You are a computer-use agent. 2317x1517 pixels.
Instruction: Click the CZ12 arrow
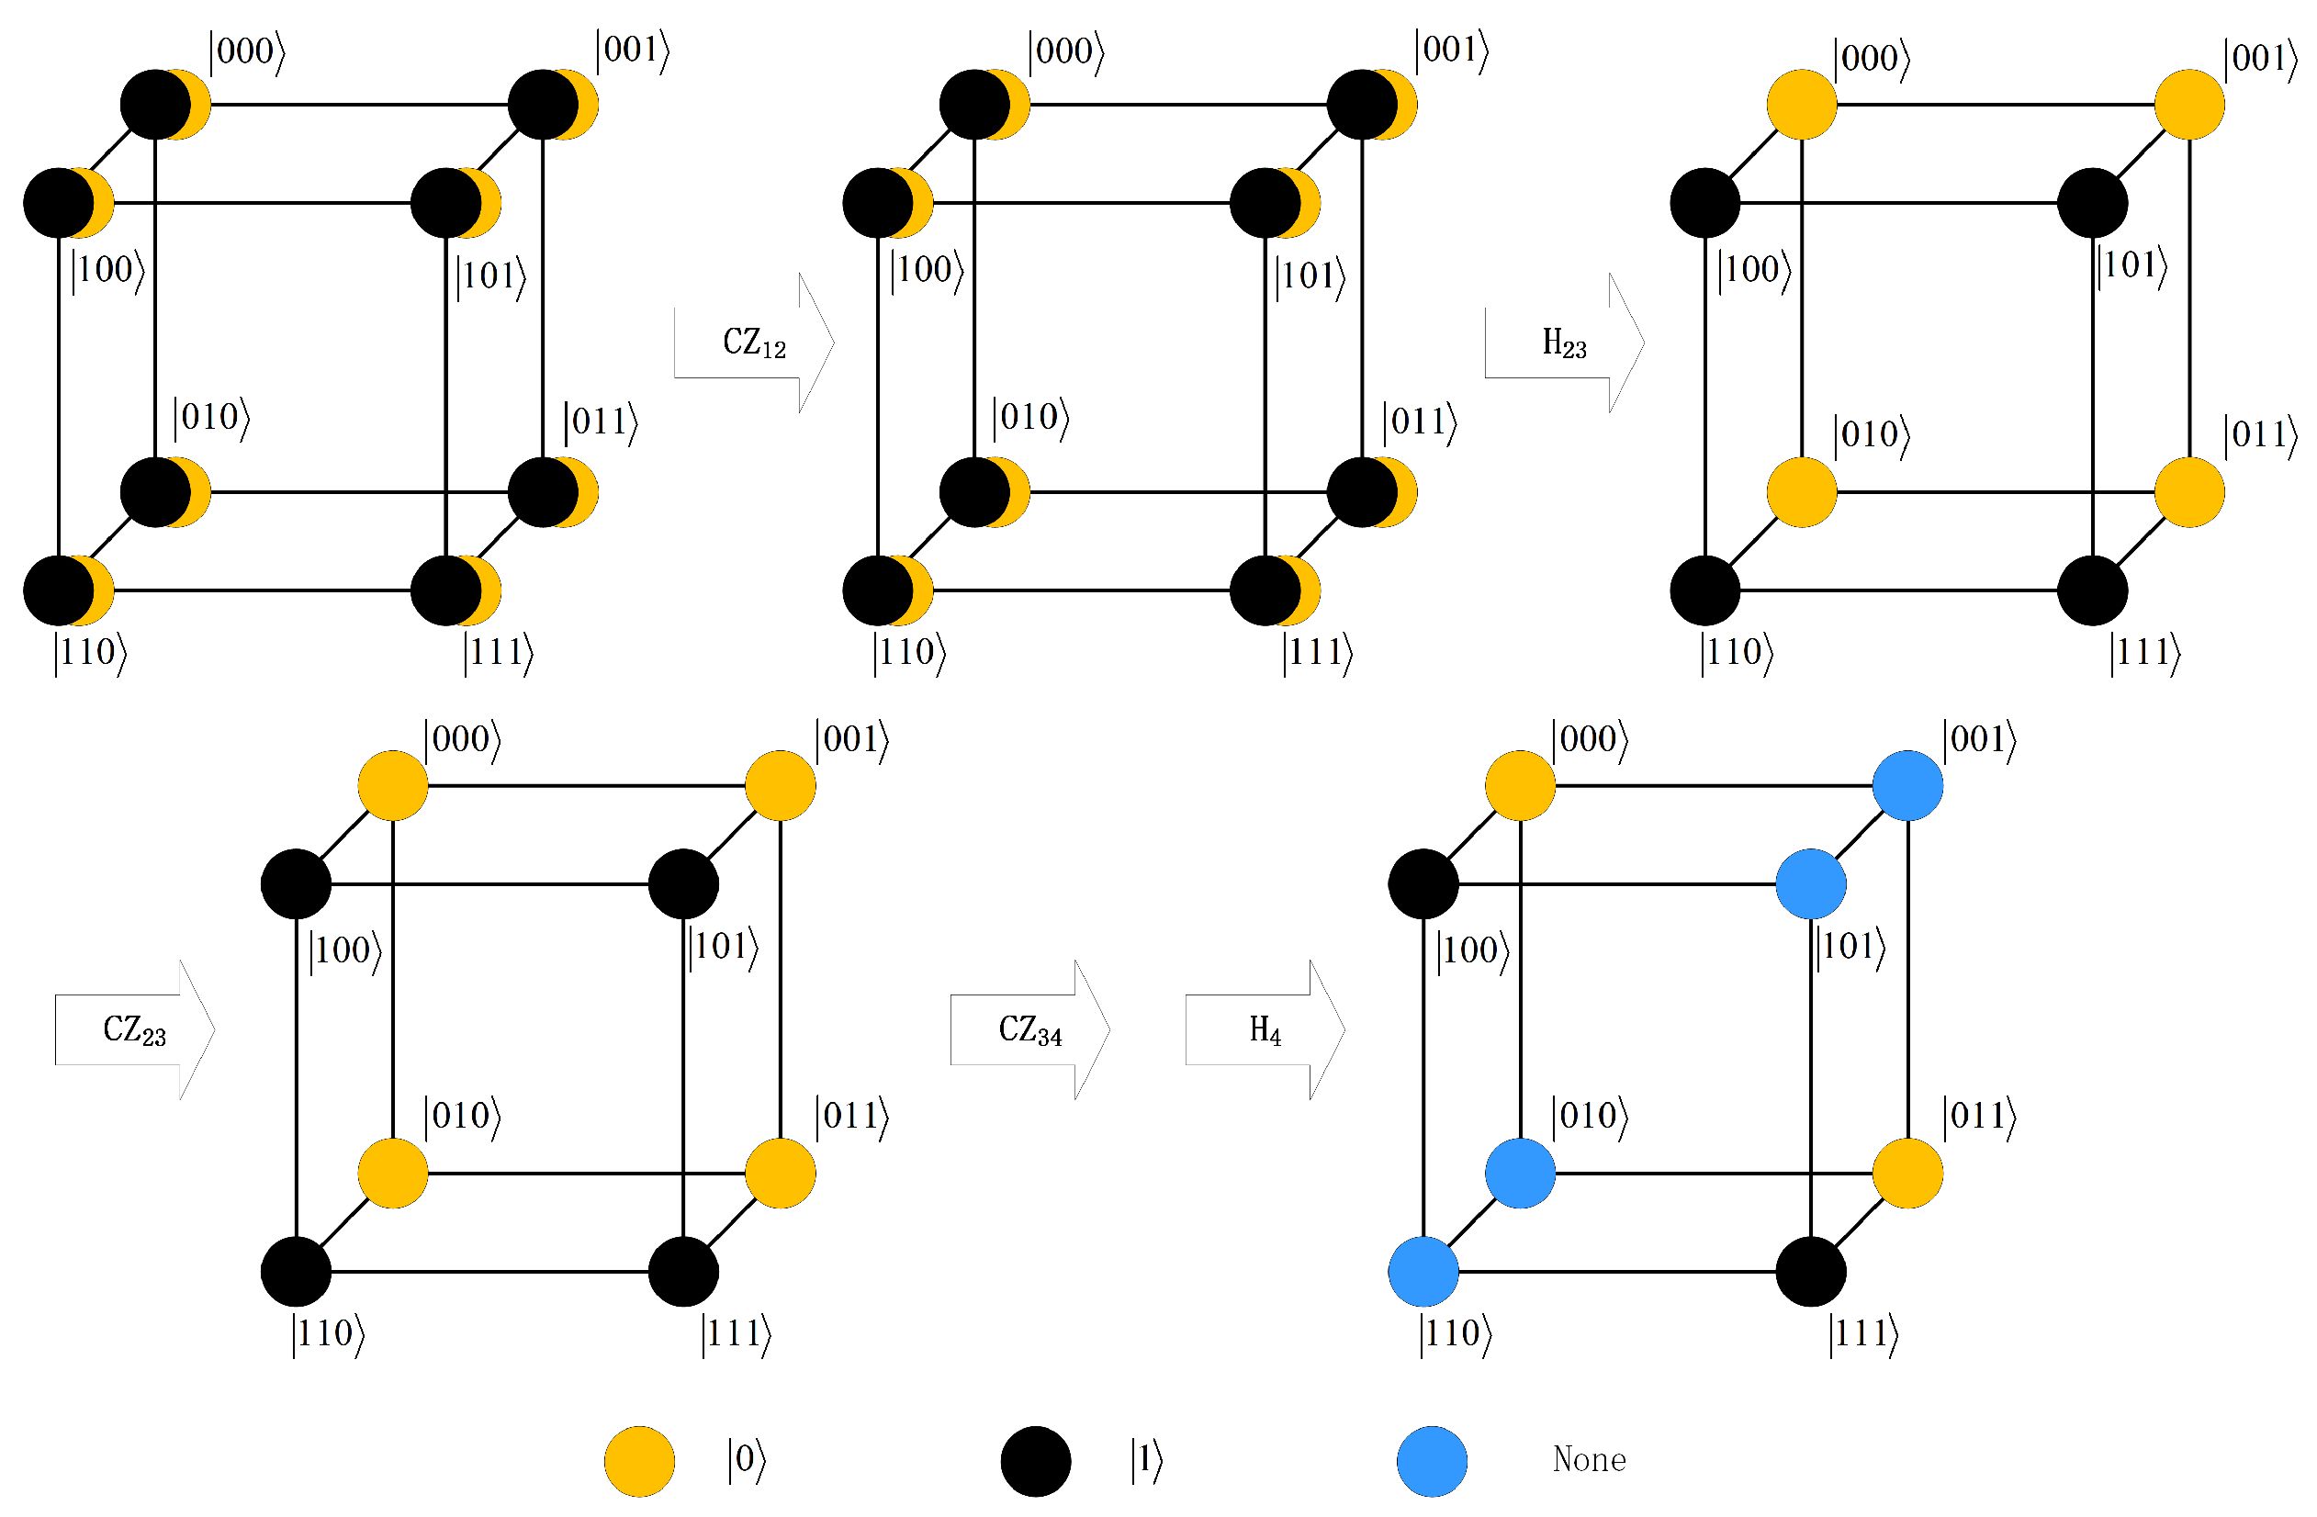click(x=755, y=343)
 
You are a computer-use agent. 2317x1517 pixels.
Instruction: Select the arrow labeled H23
click(x=1565, y=343)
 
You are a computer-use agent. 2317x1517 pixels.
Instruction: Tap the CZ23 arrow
click(x=134, y=1029)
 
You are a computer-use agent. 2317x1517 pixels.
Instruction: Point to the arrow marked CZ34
click(x=1030, y=1029)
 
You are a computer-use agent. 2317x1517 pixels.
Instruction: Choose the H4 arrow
click(x=1265, y=1029)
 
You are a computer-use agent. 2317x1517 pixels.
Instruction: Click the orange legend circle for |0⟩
click(x=639, y=1461)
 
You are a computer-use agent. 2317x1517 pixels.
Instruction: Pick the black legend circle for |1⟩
click(x=1036, y=1461)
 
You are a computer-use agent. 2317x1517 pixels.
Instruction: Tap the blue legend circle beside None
click(x=1432, y=1461)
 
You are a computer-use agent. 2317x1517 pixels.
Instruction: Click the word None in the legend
click(x=1589, y=1459)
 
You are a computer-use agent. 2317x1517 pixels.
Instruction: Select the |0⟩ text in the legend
click(x=747, y=1462)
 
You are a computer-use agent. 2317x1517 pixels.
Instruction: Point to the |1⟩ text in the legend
click(x=1147, y=1462)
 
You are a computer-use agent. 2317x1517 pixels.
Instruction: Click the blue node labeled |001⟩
click(x=1908, y=786)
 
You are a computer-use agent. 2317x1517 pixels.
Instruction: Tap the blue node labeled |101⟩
click(x=1811, y=884)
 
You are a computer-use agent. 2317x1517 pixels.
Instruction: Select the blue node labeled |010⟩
click(x=1520, y=1173)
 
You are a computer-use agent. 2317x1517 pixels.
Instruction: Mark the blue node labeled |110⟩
click(x=1423, y=1271)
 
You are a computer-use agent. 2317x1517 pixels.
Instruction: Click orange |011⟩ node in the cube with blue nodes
click(x=1908, y=1173)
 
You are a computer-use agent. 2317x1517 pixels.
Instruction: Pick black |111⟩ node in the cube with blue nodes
click(x=1811, y=1271)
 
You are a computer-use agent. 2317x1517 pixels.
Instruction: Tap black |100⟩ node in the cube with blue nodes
click(x=1423, y=884)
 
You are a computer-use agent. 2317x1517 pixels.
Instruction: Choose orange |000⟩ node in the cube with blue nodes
click(x=1520, y=786)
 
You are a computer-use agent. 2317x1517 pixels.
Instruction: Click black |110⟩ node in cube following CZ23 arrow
click(x=296, y=1271)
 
